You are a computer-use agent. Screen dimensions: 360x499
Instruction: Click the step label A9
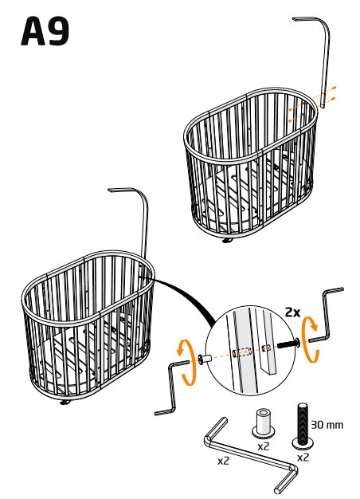(x=45, y=31)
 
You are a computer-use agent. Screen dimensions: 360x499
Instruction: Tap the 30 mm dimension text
(x=327, y=425)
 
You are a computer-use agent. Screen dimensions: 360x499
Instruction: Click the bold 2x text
(x=292, y=312)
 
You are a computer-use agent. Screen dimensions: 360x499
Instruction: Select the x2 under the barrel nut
(x=264, y=446)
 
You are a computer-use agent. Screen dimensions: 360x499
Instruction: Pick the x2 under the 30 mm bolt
(x=303, y=458)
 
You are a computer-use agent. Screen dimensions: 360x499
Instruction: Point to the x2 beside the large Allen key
(x=224, y=461)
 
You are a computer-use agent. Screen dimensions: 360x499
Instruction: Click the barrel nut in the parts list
(x=264, y=424)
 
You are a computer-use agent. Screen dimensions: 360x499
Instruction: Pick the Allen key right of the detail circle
(x=326, y=318)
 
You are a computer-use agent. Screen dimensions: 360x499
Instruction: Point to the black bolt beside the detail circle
(x=288, y=344)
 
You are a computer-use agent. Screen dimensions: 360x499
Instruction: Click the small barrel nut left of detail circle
(x=205, y=359)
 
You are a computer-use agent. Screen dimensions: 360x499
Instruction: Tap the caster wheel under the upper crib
(x=226, y=241)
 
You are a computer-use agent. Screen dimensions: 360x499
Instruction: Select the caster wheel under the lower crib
(x=65, y=403)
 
